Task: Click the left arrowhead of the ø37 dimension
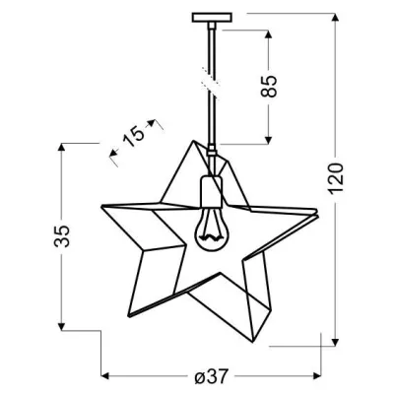pyautogui.click(x=106, y=375)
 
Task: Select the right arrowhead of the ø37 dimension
pyautogui.click(x=317, y=375)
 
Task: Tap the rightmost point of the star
pyautogui.click(x=321, y=210)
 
